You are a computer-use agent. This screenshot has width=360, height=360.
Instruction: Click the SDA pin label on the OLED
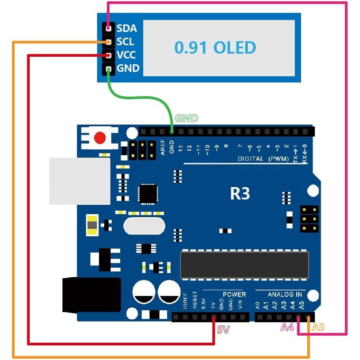(x=126, y=29)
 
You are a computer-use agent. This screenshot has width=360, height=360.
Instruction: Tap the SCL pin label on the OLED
(x=125, y=42)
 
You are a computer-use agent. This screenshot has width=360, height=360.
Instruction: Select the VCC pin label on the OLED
(x=126, y=55)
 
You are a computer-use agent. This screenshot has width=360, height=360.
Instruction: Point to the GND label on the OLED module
(x=128, y=69)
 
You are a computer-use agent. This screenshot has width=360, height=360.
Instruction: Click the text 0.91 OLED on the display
(x=215, y=47)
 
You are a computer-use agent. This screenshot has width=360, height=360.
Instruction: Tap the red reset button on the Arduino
(x=100, y=138)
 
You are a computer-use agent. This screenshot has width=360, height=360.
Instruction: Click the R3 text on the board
(x=240, y=193)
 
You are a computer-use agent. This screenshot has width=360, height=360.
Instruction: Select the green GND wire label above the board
(x=187, y=118)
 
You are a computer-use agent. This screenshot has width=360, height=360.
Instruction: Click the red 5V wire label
(x=223, y=329)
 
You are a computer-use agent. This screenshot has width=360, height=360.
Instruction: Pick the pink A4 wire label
(x=288, y=328)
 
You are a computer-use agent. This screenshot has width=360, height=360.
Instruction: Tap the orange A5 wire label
(x=318, y=328)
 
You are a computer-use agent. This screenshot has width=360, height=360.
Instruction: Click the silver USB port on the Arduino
(x=79, y=181)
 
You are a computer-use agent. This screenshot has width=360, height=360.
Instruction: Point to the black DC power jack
(x=92, y=295)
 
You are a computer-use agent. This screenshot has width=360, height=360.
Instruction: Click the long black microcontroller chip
(x=244, y=265)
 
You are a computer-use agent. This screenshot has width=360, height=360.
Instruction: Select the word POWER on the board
(x=234, y=294)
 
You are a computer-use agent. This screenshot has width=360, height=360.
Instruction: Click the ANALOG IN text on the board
(x=285, y=294)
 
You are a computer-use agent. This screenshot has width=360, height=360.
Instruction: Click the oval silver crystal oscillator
(x=144, y=227)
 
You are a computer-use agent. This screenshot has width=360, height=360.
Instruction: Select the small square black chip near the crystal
(x=147, y=194)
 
